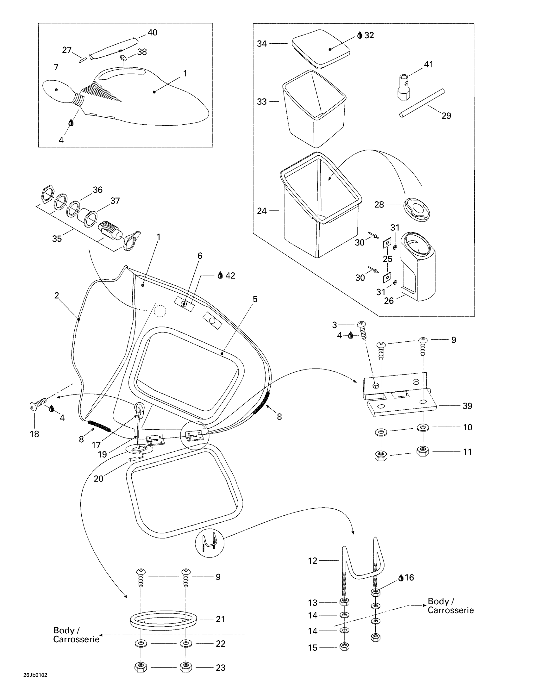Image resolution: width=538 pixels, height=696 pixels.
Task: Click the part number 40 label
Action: coord(152,33)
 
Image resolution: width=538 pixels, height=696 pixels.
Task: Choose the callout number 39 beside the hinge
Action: coord(467,406)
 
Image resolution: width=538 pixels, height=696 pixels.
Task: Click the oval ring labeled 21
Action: coord(164,619)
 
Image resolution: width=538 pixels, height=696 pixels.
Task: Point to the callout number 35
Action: coord(57,239)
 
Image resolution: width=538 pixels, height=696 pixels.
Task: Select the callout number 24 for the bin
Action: coord(262,211)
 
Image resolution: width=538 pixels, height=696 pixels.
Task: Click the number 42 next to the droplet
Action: coord(230,276)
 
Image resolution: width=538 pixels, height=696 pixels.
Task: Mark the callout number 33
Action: coord(262,102)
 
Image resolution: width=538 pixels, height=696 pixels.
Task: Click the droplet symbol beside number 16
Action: coord(401,577)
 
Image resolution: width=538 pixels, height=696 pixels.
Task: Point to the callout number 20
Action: coord(98,479)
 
